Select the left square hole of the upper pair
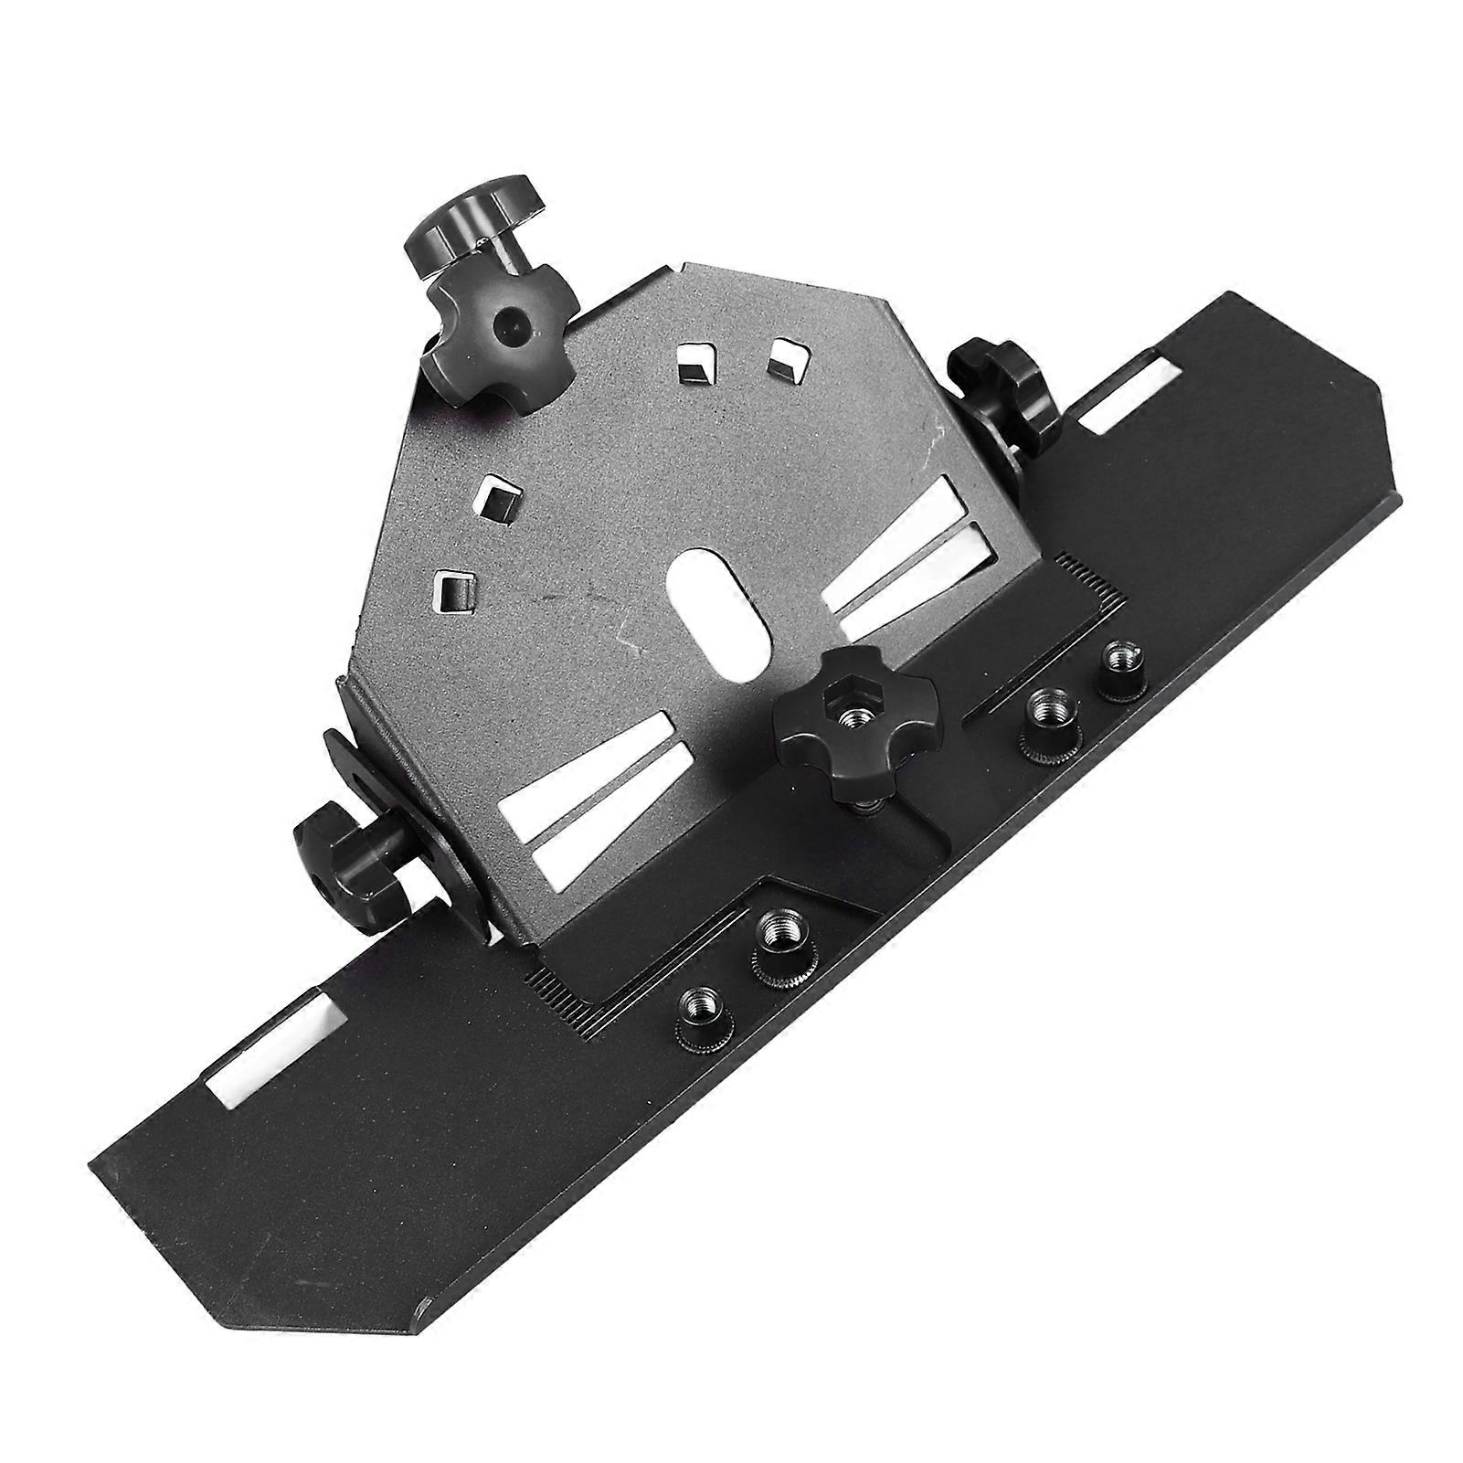[695, 366]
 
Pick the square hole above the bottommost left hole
[498, 495]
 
